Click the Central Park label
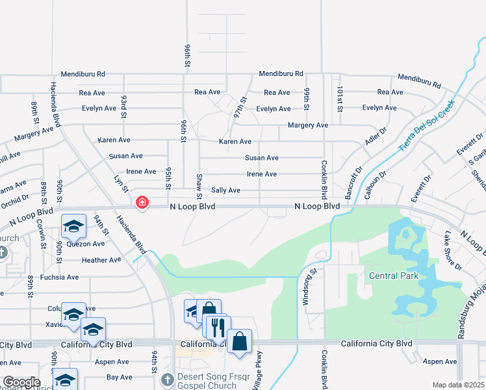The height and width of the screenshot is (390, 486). pyautogui.click(x=394, y=276)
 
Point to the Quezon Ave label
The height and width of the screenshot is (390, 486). pyautogui.click(x=89, y=244)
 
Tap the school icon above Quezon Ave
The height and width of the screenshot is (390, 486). pyautogui.click(x=73, y=227)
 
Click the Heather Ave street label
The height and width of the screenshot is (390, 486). pyautogui.click(x=101, y=261)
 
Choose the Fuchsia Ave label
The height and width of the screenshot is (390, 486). pyautogui.click(x=59, y=278)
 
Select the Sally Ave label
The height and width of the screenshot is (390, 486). pyautogui.click(x=224, y=190)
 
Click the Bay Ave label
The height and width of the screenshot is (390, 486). pyautogui.click(x=119, y=377)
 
